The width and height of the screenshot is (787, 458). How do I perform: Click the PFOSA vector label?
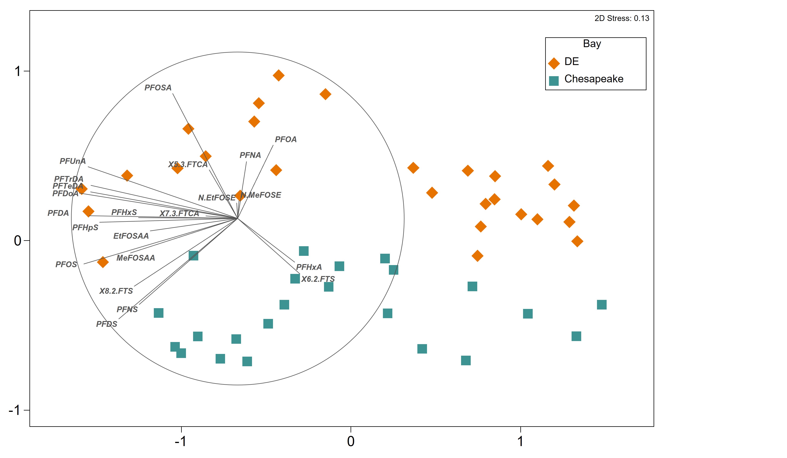tap(158, 88)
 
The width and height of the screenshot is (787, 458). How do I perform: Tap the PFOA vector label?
tap(285, 139)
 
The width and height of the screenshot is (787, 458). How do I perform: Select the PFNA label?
tap(250, 155)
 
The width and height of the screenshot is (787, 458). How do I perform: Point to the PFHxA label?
tap(309, 267)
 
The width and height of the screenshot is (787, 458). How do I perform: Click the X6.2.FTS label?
tap(318, 279)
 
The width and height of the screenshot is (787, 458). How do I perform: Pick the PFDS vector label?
tap(106, 324)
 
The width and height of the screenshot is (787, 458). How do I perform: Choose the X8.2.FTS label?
tap(116, 291)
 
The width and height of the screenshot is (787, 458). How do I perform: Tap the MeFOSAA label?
tap(136, 258)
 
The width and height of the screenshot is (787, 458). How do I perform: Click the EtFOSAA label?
tap(131, 236)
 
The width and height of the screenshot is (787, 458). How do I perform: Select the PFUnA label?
tap(72, 161)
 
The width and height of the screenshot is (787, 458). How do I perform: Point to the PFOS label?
tap(66, 264)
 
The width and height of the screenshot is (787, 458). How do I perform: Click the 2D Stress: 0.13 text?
tap(621, 18)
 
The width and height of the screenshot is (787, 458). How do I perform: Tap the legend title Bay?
tap(592, 44)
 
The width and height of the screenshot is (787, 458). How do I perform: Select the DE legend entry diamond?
tap(554, 63)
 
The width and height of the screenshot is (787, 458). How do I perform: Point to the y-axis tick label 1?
tap(18, 71)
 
